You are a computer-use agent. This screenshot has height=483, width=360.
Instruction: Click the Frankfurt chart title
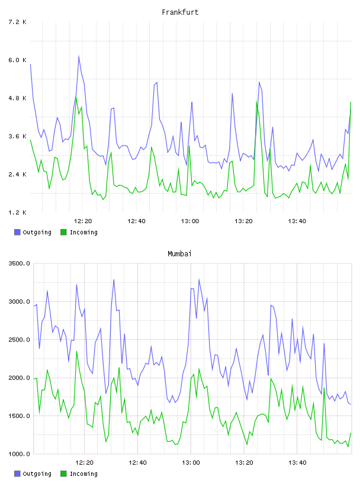pyautogui.click(x=180, y=12)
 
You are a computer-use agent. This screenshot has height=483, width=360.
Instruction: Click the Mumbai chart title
pyautogui.click(x=179, y=254)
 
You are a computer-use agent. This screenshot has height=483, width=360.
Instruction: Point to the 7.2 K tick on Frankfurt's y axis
pyautogui.click(x=17, y=22)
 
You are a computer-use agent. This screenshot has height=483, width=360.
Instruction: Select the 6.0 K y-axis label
pyautogui.click(x=17, y=60)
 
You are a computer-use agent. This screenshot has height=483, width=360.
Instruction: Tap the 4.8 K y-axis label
pyautogui.click(x=17, y=98)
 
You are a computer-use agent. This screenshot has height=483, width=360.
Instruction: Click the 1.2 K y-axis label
pyautogui.click(x=17, y=212)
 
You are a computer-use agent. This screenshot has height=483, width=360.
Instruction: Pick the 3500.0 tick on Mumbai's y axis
pyautogui.click(x=19, y=263)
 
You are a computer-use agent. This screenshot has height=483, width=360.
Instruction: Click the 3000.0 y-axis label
pyautogui.click(x=19, y=301)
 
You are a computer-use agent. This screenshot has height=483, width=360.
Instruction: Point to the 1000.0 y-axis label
pyautogui.click(x=19, y=454)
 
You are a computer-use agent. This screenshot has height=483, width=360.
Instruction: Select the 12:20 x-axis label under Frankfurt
pyautogui.click(x=83, y=221)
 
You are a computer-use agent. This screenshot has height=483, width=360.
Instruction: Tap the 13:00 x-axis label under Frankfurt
pyautogui.click(x=190, y=221)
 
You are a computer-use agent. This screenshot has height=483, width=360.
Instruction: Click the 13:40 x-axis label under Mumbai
pyautogui.click(x=297, y=463)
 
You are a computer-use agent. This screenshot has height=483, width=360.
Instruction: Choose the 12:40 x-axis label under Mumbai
pyautogui.click(x=137, y=463)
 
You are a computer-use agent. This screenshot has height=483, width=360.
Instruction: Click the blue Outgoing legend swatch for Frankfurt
pyautogui.click(x=17, y=232)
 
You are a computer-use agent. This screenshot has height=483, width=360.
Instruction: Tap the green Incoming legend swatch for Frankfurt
pyautogui.click(x=63, y=232)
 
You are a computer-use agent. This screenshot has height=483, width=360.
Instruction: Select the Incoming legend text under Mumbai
pyautogui.click(x=83, y=474)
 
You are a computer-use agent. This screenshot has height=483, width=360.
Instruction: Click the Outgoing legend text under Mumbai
pyautogui.click(x=37, y=474)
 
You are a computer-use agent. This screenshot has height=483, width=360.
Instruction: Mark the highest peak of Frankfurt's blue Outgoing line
pyautogui.click(x=79, y=56)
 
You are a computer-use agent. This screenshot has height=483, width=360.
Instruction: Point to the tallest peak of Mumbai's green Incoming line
pyautogui.click(x=77, y=352)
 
